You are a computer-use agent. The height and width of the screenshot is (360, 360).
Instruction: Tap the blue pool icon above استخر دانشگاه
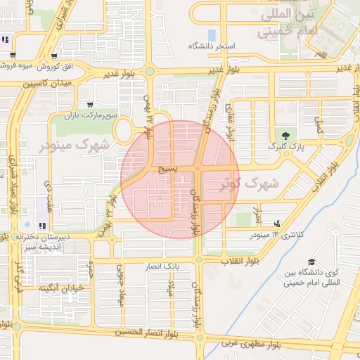pos(212,34)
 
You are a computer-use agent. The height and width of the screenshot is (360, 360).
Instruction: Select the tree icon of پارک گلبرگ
pos(285,136)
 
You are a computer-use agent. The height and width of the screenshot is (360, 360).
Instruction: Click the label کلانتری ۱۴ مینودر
pos(276,234)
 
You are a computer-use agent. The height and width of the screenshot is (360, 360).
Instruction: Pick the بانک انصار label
pos(162,266)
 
